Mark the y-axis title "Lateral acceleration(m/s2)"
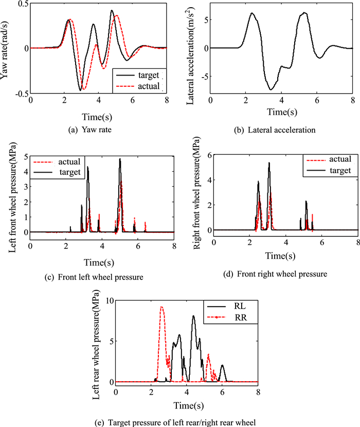188,48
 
